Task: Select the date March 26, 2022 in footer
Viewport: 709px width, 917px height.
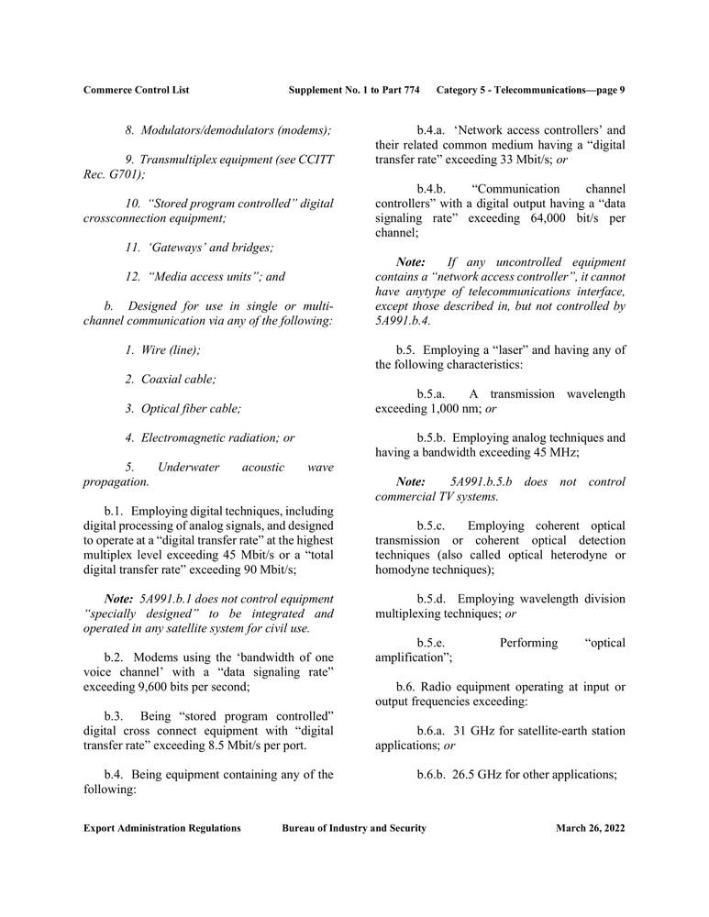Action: [590, 828]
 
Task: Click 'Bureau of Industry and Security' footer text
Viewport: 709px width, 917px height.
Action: [354, 828]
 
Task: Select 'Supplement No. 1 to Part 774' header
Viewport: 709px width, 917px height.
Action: [354, 90]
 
